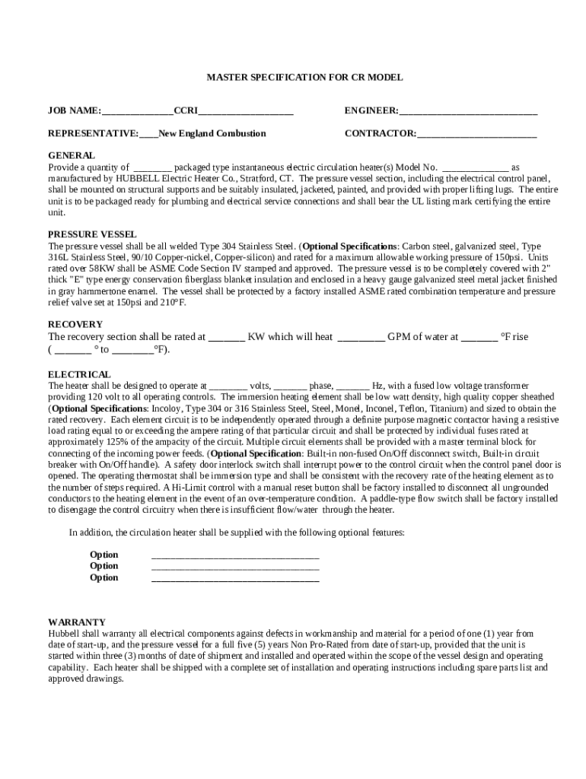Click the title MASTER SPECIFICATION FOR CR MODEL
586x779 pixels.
[305, 78]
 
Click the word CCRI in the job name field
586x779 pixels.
[186, 111]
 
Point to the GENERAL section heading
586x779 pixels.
[72, 155]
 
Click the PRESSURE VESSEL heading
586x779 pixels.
[92, 234]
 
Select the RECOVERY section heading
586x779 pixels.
[75, 324]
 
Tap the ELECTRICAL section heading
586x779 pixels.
[79, 374]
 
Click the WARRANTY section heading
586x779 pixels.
[77, 622]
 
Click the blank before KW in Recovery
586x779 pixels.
[226, 337]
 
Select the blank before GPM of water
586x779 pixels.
[361, 337]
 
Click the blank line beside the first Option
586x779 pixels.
[235, 555]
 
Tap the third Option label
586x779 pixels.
[104, 577]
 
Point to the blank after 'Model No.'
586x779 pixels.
[475, 167]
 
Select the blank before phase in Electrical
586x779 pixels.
[289, 386]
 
